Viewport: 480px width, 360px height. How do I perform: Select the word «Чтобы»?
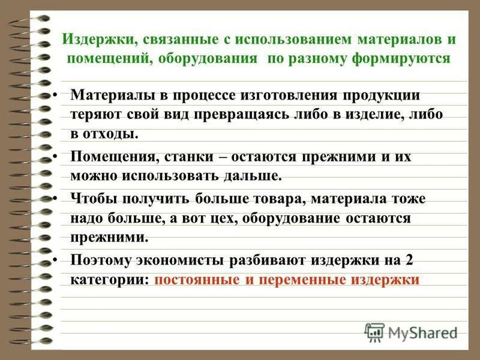point(94,199)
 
